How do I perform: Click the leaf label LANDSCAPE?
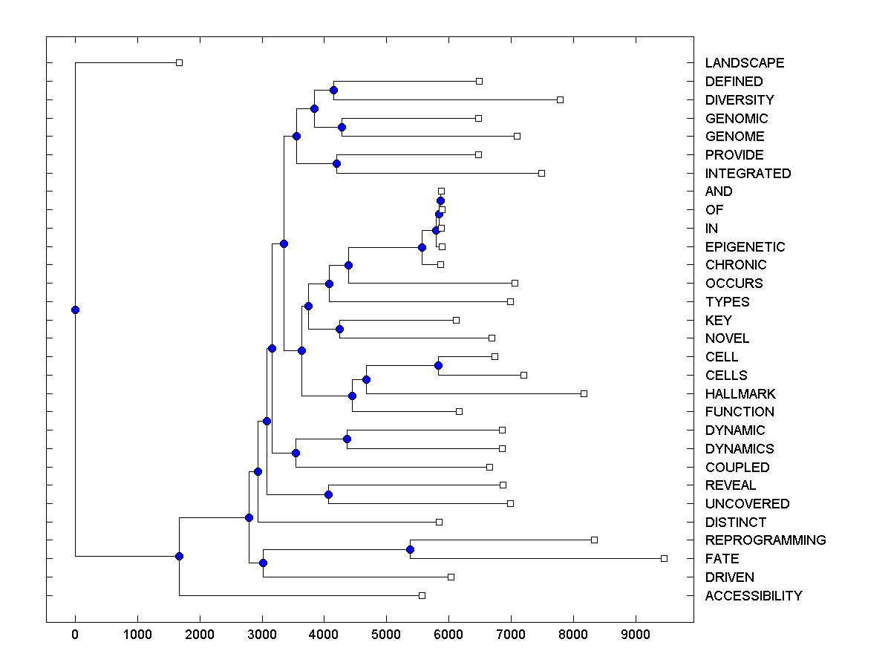(x=744, y=63)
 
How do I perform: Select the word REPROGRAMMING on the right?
(x=765, y=540)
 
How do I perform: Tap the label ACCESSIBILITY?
(x=753, y=596)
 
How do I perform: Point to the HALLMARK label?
(x=740, y=394)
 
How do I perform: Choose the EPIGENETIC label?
(x=745, y=247)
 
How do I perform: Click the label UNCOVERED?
(x=747, y=504)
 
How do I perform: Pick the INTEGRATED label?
(x=748, y=174)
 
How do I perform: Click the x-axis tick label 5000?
(x=386, y=635)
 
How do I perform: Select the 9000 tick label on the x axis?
(x=635, y=635)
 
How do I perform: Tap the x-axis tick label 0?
(x=75, y=635)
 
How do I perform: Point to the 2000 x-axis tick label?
(x=199, y=635)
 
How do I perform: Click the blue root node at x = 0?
(x=75, y=310)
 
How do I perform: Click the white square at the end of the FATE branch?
(x=664, y=558)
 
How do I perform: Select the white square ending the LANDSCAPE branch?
(x=179, y=62)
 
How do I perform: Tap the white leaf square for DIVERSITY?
(x=560, y=99)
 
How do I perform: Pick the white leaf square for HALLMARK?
(x=584, y=393)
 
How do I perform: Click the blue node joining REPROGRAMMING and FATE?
(x=410, y=549)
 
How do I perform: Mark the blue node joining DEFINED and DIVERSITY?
(x=333, y=90)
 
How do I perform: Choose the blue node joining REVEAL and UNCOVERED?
(x=328, y=494)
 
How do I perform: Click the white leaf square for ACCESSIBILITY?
(x=422, y=595)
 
